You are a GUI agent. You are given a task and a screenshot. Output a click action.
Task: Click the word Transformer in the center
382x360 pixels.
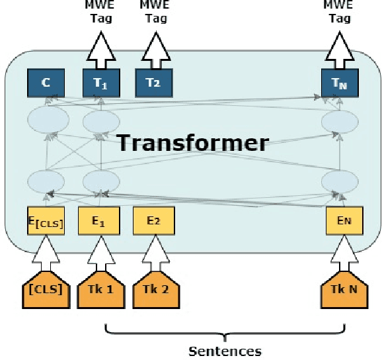click(193, 142)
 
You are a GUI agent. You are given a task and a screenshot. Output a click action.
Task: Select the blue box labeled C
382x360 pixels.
click(46, 83)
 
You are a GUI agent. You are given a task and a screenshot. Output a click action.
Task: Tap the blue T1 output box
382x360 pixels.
click(101, 83)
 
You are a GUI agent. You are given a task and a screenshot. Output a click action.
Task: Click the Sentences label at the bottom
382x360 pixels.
click(225, 351)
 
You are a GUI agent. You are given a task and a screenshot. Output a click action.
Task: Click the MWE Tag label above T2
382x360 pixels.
click(155, 13)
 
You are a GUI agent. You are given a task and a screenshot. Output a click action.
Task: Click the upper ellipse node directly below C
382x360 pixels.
click(46, 121)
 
